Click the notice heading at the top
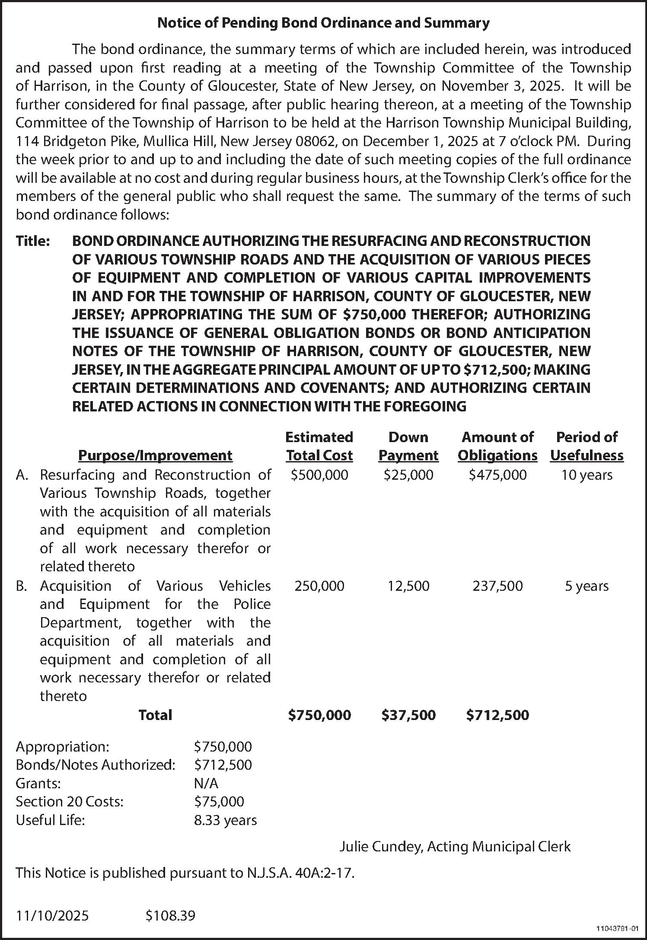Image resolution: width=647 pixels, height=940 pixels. coord(323,23)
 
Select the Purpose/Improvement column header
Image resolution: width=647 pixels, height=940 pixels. coord(155,456)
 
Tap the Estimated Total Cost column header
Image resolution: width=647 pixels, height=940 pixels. coord(319,446)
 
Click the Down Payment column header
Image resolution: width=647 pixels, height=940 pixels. coord(408,446)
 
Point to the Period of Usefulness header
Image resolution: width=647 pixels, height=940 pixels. coord(586,446)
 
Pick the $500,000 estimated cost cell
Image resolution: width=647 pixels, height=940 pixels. coord(319,475)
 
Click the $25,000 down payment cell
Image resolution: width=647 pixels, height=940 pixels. coord(408,475)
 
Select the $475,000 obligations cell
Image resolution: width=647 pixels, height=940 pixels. coord(498,475)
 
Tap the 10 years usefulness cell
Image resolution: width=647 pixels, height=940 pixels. coord(586,475)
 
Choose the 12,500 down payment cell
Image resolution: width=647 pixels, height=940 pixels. coord(408,586)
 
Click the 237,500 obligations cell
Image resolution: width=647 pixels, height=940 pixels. coord(498,586)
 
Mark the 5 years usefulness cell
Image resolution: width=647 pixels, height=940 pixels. coord(586,586)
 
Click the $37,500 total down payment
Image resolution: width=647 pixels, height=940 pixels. coord(408,715)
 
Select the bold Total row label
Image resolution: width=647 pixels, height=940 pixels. coord(155,715)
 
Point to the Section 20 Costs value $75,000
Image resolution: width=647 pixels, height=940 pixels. coord(219,802)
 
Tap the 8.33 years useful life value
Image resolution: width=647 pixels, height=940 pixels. coord(225,820)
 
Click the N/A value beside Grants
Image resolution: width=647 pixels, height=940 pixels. coord(206,783)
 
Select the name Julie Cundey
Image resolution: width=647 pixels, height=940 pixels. coord(380,847)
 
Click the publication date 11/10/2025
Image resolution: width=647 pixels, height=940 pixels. coord(52,916)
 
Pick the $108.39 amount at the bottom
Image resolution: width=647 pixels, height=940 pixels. coord(170,916)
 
